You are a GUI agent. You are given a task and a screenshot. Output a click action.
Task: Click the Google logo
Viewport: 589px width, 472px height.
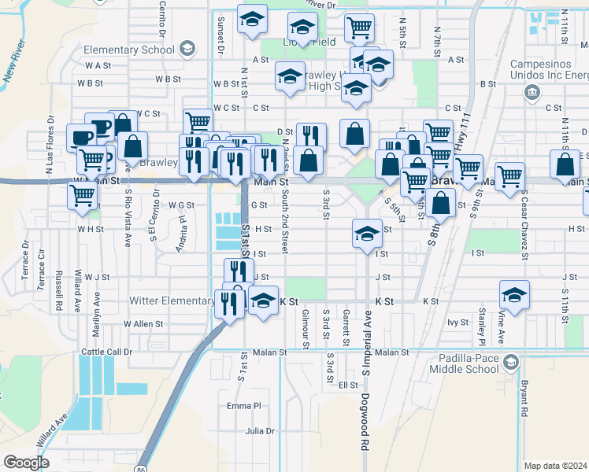pos(25,462)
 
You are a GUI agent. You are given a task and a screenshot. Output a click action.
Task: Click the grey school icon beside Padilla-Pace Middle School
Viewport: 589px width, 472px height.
pos(511,362)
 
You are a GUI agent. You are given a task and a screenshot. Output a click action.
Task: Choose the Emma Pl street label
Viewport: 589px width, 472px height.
pos(243,406)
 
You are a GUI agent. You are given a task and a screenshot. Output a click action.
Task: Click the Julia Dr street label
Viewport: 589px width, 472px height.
pos(259,431)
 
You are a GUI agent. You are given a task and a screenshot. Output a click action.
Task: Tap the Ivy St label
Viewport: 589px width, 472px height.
pos(457,323)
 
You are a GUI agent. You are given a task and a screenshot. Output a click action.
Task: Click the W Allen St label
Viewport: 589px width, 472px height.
pos(143,323)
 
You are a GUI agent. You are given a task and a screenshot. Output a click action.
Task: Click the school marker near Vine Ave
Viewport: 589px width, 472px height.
pos(514,296)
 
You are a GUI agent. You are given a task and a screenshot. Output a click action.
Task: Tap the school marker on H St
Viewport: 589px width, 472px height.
pos(366,234)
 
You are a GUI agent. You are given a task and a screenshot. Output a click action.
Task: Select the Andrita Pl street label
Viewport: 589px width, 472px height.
pos(182,234)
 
